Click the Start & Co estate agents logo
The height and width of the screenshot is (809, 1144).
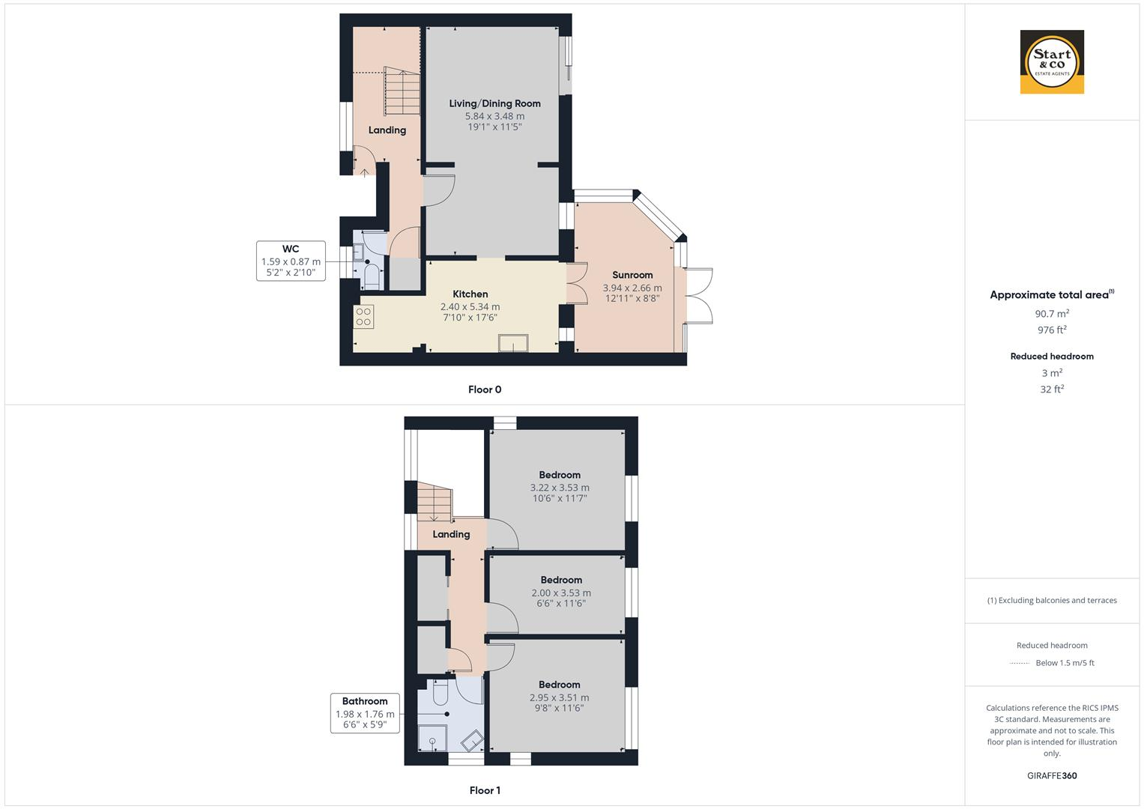pos(1052,61)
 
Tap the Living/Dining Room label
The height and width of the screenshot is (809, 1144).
pos(494,103)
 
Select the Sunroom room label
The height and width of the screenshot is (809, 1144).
pos(632,275)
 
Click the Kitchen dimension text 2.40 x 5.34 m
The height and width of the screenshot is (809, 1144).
pos(470,306)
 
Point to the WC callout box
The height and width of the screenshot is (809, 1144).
pos(291,261)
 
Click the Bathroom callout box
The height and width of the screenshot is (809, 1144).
pos(365,713)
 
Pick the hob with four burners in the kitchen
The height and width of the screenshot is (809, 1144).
pos(364,317)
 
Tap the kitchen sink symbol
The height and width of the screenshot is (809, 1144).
pos(513,342)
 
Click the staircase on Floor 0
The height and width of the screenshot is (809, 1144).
pos(402,91)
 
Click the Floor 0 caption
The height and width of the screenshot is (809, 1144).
pos(485,390)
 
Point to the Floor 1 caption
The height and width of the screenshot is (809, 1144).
pos(485,790)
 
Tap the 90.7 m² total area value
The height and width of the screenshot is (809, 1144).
pos(1052,314)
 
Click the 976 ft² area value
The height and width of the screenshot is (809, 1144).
pos(1052,330)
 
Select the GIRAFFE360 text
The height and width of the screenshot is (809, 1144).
pos(1052,775)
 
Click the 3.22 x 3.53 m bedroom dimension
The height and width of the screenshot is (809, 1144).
pos(559,488)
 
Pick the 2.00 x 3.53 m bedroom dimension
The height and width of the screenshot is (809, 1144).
pos(561,593)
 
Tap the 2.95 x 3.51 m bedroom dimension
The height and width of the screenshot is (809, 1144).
pos(559,697)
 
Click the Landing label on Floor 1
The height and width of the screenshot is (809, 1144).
pos(451,534)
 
